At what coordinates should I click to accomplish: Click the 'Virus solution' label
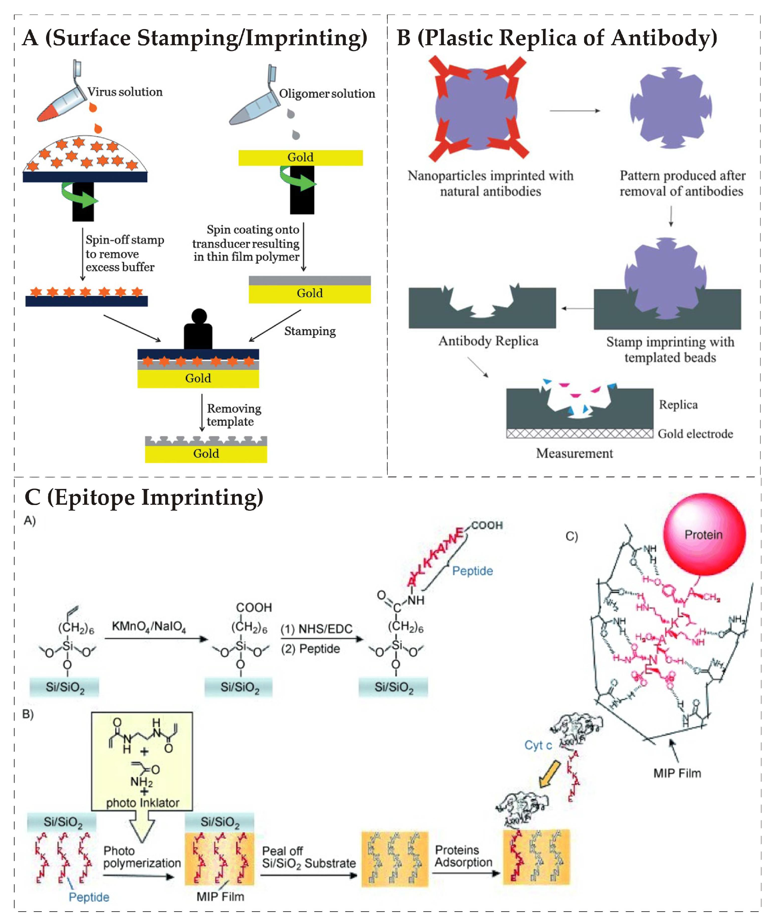[x=125, y=92]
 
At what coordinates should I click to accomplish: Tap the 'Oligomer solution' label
[x=327, y=94]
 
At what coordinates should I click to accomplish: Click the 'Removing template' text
[x=234, y=415]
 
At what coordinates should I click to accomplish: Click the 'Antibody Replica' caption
[x=488, y=341]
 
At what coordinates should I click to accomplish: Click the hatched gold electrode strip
[x=579, y=434]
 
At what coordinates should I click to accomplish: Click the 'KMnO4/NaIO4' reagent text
[x=149, y=627]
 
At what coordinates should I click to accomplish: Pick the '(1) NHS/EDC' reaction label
[x=316, y=629]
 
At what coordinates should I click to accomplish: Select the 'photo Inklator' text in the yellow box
[x=143, y=803]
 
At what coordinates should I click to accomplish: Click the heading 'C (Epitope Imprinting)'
[x=144, y=498]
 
